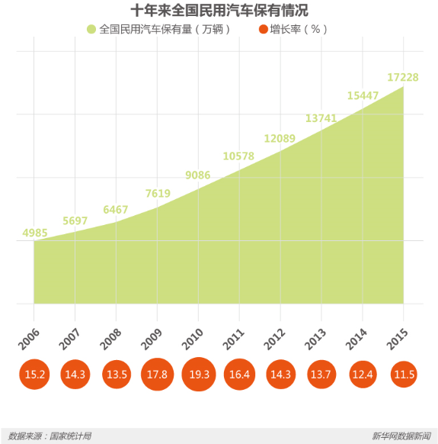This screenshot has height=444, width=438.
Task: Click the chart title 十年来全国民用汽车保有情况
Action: tap(219, 11)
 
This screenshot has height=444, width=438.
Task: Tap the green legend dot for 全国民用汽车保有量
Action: tap(91, 29)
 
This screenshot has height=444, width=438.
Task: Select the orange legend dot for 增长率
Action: tap(264, 29)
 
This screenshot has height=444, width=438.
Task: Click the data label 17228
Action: tap(403, 77)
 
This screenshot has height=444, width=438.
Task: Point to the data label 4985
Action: tap(37, 232)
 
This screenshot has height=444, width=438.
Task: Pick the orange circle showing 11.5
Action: tap(404, 375)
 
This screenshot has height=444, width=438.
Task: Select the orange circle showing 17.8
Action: tap(158, 375)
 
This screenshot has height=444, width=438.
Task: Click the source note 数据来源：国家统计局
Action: tap(50, 436)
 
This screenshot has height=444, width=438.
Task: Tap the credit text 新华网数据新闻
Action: tap(401, 436)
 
